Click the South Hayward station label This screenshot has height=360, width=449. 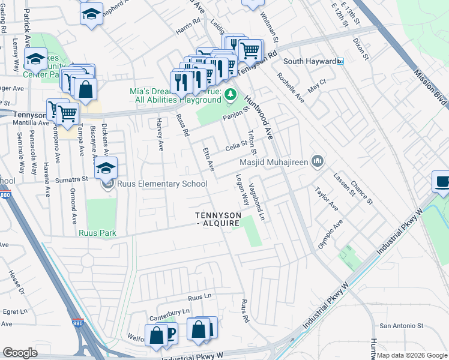[309, 61]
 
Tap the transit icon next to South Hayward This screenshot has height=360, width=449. [340, 61]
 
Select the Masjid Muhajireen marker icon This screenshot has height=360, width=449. [318, 161]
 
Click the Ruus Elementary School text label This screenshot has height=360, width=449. [153, 184]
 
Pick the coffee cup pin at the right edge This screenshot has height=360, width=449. [442, 182]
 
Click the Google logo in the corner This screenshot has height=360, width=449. [20, 353]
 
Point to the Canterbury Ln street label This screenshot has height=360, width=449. [169, 312]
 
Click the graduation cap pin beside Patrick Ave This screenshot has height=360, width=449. [35, 59]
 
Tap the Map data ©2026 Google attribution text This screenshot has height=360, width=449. [412, 355]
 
